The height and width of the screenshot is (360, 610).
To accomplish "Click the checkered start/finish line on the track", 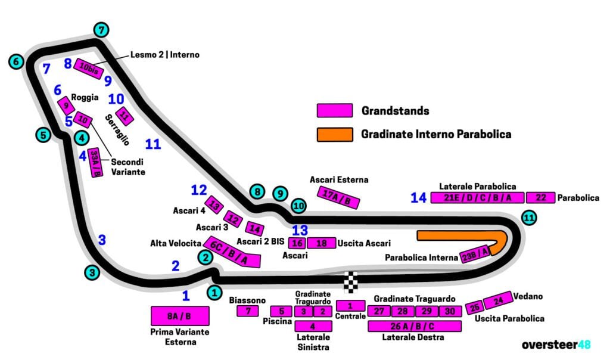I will (x=353, y=281).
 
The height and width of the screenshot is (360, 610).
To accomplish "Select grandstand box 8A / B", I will (x=180, y=316).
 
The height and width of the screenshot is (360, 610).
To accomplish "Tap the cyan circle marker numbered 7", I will (x=102, y=30).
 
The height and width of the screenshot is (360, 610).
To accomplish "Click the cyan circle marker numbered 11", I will (x=528, y=218).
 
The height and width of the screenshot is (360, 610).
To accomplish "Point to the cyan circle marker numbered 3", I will (x=91, y=272).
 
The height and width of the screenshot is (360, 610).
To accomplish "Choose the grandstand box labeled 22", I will (x=540, y=198).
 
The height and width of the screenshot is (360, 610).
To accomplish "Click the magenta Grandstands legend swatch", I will (x=334, y=111).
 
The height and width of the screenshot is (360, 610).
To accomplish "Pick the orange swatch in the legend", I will (x=334, y=134).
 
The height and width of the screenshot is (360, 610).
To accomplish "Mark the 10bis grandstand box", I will (x=89, y=69).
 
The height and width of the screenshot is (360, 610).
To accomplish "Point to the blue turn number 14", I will (x=418, y=198).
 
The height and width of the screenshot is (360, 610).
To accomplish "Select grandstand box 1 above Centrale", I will (x=350, y=305).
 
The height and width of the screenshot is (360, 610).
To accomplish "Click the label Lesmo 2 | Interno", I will (x=165, y=55).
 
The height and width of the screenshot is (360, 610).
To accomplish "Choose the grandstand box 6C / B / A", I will (x=233, y=252).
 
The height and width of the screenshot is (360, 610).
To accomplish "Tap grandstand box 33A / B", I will (x=95, y=163).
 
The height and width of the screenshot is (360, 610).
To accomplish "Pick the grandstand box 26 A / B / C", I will (x=415, y=326).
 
